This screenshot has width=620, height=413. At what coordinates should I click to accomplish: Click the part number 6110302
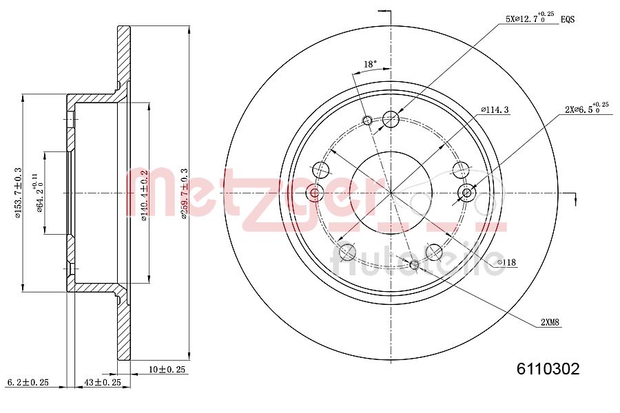pyautogui.click(x=548, y=369)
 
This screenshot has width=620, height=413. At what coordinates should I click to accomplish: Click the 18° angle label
pyautogui.click(x=370, y=65)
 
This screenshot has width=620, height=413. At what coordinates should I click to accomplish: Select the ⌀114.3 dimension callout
pyautogui.click(x=495, y=109)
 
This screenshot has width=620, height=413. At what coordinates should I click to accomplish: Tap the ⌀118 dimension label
pyautogui.click(x=508, y=262)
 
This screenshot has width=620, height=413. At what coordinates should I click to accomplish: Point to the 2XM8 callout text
pyautogui.click(x=550, y=322)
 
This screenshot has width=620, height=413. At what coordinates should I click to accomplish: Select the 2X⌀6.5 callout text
pyautogui.click(x=586, y=109)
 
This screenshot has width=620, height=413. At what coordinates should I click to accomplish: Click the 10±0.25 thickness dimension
pyautogui.click(x=168, y=370)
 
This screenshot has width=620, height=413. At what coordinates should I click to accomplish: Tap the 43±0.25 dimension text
pyautogui.click(x=102, y=381)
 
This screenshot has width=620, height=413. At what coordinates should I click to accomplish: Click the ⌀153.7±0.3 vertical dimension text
pyautogui.click(x=19, y=193)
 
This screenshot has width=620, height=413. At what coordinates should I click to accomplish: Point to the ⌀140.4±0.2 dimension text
pyautogui.click(x=144, y=196)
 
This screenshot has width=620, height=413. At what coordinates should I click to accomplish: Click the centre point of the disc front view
pyautogui.click(x=391, y=193)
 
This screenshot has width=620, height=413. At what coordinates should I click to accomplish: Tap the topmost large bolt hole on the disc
pyautogui.click(x=391, y=119)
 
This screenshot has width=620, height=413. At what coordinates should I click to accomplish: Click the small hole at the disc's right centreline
pyautogui.click(x=467, y=193)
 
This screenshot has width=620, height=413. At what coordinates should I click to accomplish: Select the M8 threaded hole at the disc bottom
pyautogui.click(x=415, y=265)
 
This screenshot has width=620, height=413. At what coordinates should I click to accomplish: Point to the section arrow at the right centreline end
pyautogui.click(x=575, y=198)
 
